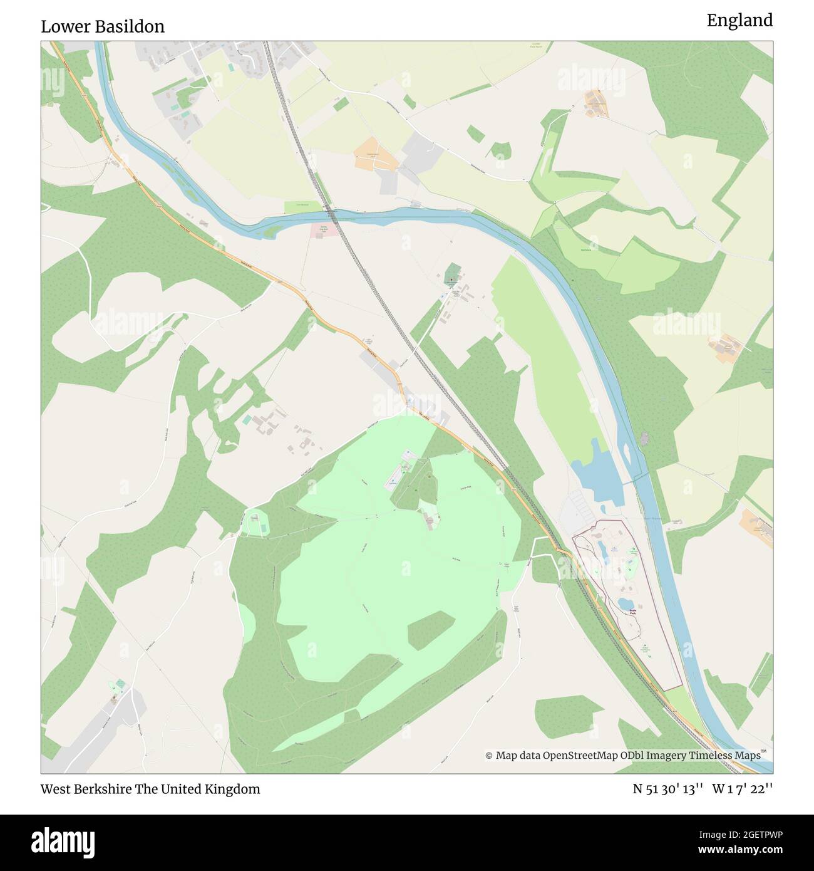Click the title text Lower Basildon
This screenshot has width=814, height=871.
(x=103, y=26)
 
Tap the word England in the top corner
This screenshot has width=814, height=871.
(x=739, y=21)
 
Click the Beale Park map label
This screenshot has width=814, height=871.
(x=632, y=612)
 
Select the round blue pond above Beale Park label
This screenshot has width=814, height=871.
(x=626, y=603)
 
